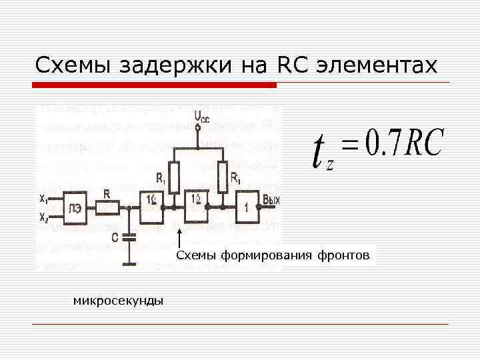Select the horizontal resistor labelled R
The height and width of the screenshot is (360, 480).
pyautogui.click(x=107, y=208)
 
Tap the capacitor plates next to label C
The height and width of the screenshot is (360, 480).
pyautogui.click(x=130, y=235)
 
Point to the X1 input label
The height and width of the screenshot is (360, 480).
pyautogui.click(x=43, y=198)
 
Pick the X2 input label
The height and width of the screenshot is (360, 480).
pyautogui.click(x=43, y=217)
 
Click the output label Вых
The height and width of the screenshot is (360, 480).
pyautogui.click(x=271, y=199)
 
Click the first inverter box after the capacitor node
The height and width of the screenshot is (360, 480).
pyautogui.click(x=152, y=208)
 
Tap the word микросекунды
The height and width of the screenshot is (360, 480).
pyautogui.click(x=118, y=301)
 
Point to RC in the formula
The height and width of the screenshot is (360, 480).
pyautogui.click(x=421, y=143)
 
